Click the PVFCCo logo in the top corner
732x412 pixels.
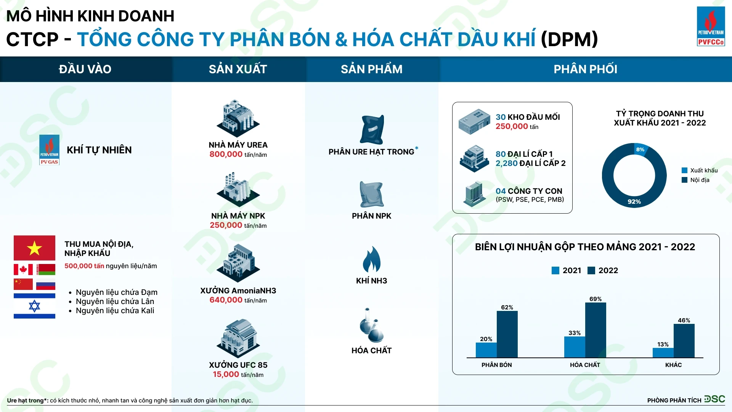tap(711, 26)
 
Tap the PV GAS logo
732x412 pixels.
tap(49, 150)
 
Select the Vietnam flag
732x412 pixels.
tap(34, 248)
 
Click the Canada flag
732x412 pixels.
tap(23, 269)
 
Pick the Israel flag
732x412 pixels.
tap(34, 306)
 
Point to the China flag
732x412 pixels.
tap(23, 284)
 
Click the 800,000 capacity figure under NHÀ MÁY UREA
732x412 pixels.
tap(226, 154)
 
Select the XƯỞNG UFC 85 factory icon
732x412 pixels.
tap(238, 338)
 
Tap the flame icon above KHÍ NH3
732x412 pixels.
tap(371, 259)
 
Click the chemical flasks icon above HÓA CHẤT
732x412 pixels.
tap(371, 325)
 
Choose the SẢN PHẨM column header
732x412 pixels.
tap(371, 69)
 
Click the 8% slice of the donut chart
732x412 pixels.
tap(641, 150)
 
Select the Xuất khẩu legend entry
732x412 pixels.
tap(700, 171)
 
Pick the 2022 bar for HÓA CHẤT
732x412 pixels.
tap(596, 330)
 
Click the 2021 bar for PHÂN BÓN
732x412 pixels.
tap(486, 350)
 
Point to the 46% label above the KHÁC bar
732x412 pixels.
tap(684, 320)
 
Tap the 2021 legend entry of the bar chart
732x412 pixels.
tap(567, 270)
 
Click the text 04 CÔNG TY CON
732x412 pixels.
tap(529, 191)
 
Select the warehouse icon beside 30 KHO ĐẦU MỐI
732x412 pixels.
tap(474, 122)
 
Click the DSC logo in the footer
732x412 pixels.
tap(714, 399)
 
